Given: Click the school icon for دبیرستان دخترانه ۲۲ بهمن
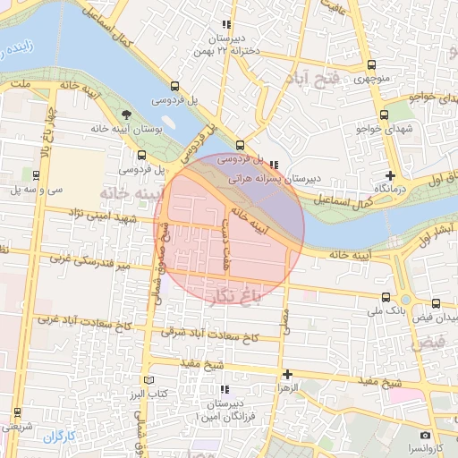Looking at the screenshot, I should pyautogui.click(x=227, y=25).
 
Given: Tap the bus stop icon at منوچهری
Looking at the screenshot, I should pyautogui.click(x=372, y=65).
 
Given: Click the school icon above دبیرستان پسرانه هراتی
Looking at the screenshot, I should pyautogui.click(x=273, y=165).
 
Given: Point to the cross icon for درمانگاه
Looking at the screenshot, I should pyautogui.click(x=389, y=175).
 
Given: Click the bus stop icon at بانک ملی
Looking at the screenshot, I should pyautogui.click(x=386, y=298).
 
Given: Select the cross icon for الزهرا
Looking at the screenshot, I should pyautogui.click(x=287, y=374).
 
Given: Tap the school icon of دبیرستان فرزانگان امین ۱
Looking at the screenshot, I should pyautogui.click(x=225, y=389).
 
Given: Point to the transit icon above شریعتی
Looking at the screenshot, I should pyautogui.click(x=16, y=412).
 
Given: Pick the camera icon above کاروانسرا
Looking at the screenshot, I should pyautogui.click(x=425, y=435).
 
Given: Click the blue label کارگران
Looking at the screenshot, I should pyautogui.click(x=62, y=437).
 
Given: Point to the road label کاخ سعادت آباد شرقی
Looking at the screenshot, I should pyautogui.click(x=209, y=334).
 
